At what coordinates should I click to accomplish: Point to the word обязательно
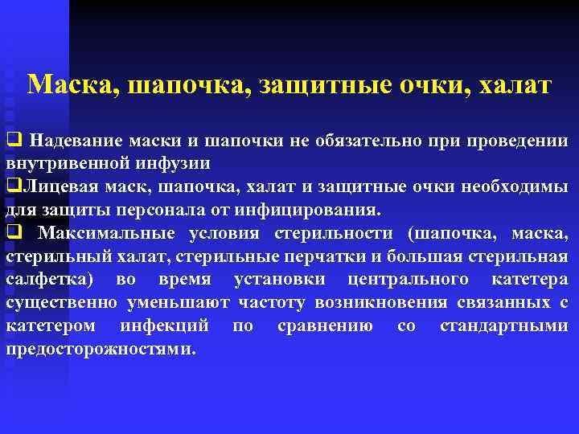pos(368,140)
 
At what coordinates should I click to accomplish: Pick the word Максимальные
pos(107,233)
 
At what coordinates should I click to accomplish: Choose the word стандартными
pos(504,326)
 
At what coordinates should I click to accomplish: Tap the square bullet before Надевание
pos(13,140)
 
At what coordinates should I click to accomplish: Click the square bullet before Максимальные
pos(13,233)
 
